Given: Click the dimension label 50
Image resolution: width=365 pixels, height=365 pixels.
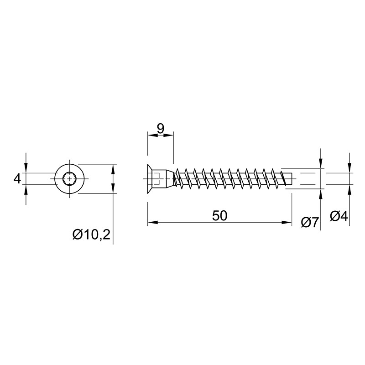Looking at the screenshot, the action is tap(219, 215).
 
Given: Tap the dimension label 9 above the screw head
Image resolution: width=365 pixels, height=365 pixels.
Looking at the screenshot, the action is tap(161, 129).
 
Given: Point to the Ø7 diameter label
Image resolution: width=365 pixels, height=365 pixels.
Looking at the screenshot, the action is tap(310, 222).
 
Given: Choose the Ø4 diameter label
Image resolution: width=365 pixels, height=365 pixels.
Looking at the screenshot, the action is tap(339, 216).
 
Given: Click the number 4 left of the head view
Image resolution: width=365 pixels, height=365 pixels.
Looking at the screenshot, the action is tap(17, 179).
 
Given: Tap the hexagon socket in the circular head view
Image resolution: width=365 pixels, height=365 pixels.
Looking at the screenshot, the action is tap(69, 179).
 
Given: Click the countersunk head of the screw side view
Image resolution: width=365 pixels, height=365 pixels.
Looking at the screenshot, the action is tap(150, 179).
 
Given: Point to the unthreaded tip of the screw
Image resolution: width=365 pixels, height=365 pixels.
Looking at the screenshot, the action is tap(289, 179).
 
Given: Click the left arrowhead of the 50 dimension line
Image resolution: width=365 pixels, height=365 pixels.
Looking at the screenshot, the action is tap(153, 222).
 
